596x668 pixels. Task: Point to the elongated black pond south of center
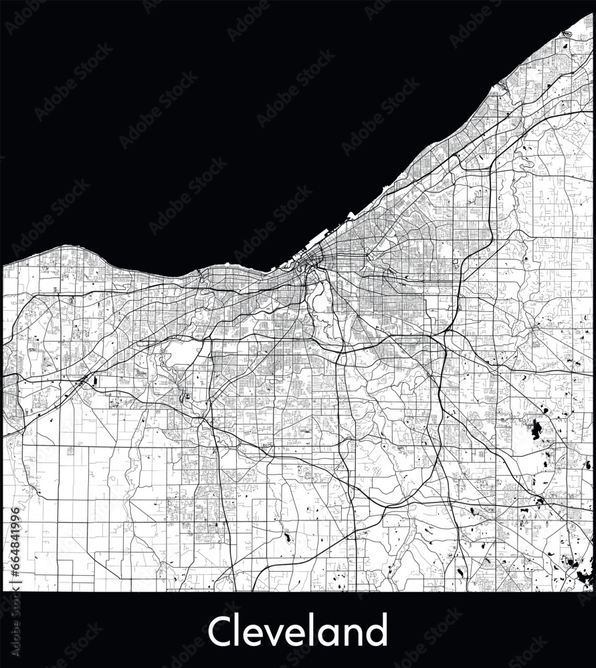click(287, 536)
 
